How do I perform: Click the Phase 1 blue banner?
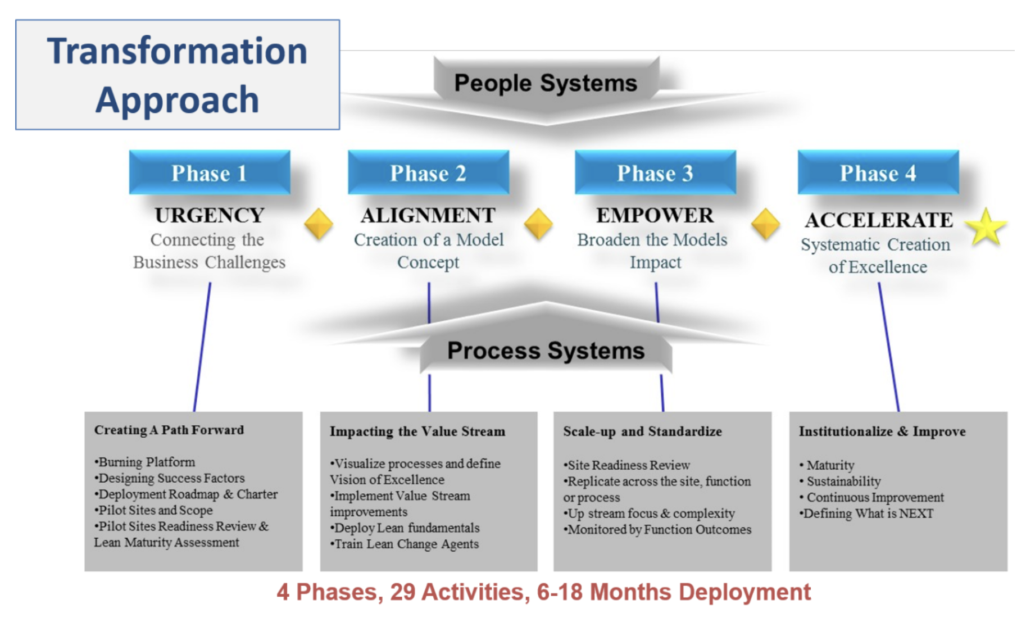coord(209,173)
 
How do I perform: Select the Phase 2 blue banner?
coord(428,173)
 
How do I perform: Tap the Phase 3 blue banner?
coord(655,173)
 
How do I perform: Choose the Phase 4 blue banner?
coord(878,173)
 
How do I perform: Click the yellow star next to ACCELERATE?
coord(986,227)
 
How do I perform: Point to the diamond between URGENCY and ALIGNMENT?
coord(319,224)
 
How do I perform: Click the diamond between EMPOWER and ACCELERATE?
coord(765,224)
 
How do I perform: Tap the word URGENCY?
coord(210,215)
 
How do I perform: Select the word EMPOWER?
coord(655,215)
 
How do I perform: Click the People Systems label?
coord(546,83)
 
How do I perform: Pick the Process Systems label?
coord(546,351)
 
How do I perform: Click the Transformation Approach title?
coord(178,75)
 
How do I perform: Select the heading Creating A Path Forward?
coord(169,430)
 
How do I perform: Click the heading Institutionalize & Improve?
coord(882,431)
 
